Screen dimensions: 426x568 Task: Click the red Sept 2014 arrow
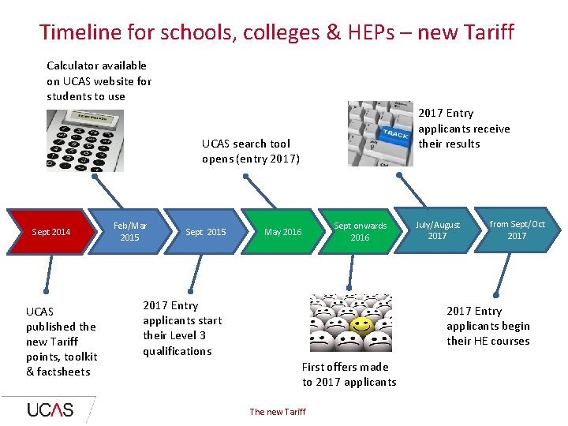pos(49,232)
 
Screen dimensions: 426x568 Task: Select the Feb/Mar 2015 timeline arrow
pos(130,231)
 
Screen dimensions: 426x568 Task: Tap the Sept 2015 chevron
pos(205,232)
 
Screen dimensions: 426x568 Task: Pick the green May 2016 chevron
pos(282,232)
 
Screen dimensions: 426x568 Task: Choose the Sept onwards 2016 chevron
pos(360,231)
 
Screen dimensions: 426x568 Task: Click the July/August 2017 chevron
pos(437,230)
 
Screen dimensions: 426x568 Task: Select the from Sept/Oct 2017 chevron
pos(517,230)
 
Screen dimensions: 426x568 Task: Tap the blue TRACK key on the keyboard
pos(395,134)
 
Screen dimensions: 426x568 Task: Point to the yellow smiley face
pos(362,325)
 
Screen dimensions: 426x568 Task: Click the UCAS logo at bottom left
pos(50,409)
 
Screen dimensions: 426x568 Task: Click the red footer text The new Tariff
pos(278,412)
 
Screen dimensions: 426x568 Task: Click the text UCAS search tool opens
pos(250,151)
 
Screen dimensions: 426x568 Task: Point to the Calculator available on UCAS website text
pos(99,80)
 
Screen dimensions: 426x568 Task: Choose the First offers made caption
pos(349,374)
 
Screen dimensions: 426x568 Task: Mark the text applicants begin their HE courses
pos(488,333)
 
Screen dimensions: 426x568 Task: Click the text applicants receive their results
pos(463,136)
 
